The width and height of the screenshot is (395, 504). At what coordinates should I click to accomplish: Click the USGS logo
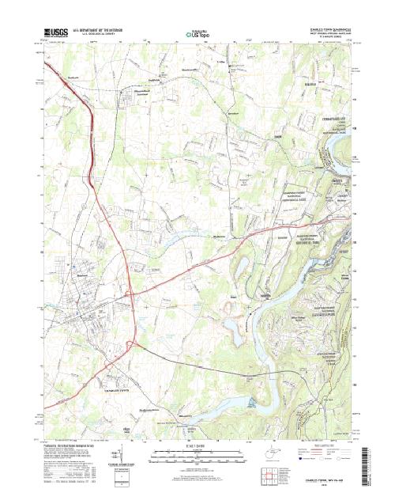58,33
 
